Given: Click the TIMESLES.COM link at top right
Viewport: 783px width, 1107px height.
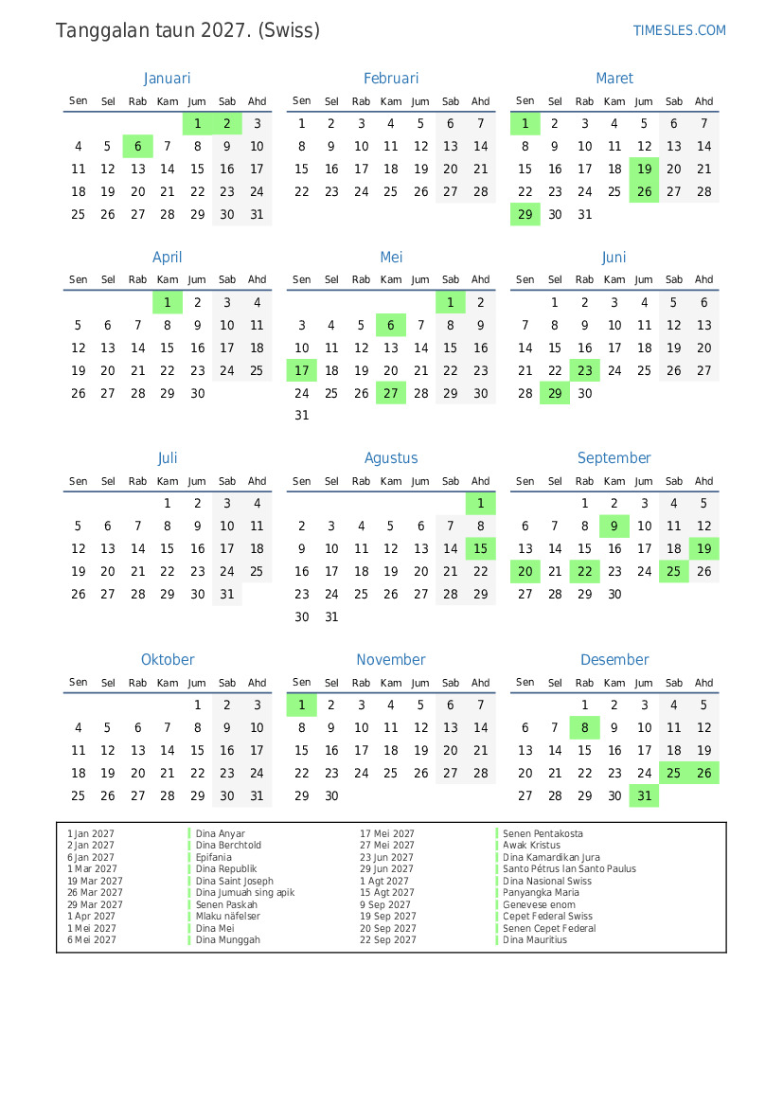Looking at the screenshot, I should coord(679,30).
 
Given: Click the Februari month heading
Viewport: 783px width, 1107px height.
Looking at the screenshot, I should coord(390,79).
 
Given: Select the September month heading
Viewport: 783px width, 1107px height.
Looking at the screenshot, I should coord(614,458).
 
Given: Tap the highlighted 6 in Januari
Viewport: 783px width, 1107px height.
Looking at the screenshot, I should coord(138,146).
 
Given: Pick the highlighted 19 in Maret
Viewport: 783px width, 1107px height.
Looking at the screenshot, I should coord(645,170).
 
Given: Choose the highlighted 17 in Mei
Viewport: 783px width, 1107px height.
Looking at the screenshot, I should coord(302,371).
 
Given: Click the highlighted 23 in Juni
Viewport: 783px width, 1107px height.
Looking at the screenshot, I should coord(585,371).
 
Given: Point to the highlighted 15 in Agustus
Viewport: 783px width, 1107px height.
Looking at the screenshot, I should coord(480,549).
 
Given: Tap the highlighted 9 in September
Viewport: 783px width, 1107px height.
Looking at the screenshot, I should coord(614,527).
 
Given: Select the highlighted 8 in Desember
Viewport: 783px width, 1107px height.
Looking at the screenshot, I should coord(585,728).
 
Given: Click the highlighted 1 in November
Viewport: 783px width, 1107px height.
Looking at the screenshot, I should coord(302,705).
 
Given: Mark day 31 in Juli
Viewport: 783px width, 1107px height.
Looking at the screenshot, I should coord(227,595).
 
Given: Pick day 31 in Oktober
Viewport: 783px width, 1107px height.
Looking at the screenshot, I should coord(257,796).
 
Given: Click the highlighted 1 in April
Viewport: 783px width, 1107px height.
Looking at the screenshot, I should coord(168,303).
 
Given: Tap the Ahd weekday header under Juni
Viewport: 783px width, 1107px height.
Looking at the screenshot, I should coord(703,279).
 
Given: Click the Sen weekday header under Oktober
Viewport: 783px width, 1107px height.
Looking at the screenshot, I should coord(79,683).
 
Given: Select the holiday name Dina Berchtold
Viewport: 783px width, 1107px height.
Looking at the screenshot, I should coord(228,846).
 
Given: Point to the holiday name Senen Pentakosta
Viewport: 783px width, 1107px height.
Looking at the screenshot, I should coord(543,834).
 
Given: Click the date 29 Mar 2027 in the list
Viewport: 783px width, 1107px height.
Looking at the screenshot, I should coord(95,904).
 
